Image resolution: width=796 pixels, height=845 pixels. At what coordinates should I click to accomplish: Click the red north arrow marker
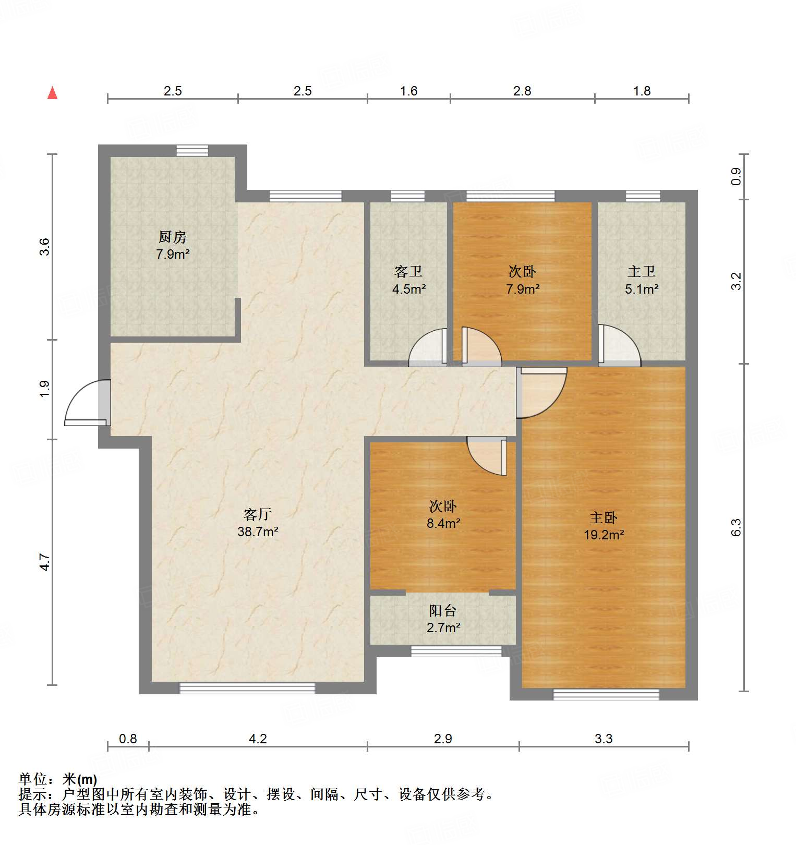point(52,93)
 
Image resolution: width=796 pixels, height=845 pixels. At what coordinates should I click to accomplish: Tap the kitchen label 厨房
point(173,237)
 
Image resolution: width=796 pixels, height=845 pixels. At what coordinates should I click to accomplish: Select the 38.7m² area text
point(258,532)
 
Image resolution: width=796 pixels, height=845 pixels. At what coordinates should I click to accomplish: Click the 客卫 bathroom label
point(408,272)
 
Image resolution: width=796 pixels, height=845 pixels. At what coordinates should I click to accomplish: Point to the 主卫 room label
point(641,272)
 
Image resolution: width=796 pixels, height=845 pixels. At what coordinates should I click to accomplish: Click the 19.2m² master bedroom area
point(604,535)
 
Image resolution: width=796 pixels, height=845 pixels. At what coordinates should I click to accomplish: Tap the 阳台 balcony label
point(443,611)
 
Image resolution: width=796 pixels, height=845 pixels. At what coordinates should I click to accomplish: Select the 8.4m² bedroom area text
point(443,523)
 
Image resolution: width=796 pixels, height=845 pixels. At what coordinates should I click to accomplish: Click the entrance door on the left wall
point(88,403)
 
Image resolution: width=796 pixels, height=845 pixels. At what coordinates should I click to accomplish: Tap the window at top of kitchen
point(192,150)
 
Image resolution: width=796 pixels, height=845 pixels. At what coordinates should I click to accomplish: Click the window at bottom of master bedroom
point(606,694)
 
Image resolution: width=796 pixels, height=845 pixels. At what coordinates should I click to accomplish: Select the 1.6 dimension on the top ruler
point(408,91)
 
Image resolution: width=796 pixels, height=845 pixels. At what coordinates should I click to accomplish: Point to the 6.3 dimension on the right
point(735,527)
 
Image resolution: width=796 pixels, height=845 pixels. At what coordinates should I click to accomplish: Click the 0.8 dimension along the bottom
point(128,739)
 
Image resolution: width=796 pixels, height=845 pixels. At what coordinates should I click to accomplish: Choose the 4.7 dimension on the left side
point(45,562)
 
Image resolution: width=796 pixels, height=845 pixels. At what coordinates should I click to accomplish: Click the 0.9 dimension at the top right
point(735,176)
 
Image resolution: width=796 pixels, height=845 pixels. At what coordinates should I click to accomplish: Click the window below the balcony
point(456,651)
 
